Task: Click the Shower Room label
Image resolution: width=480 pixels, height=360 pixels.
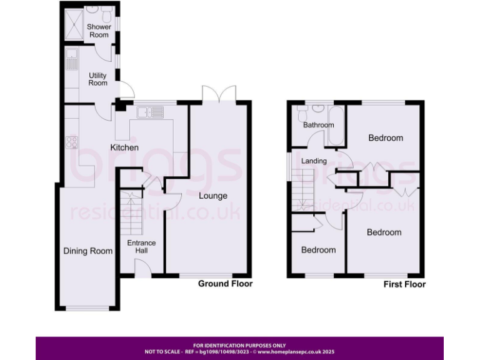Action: pyautogui.click(x=99, y=31)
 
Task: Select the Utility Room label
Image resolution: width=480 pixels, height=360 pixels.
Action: pyautogui.click(x=98, y=79)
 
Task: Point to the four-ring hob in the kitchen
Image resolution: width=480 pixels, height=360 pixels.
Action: pyautogui.click(x=71, y=142)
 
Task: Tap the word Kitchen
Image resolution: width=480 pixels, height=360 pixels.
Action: pyautogui.click(x=124, y=147)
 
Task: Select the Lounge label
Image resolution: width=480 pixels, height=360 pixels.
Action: pyautogui.click(x=213, y=196)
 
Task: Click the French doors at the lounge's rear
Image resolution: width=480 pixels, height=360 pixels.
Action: pyautogui.click(x=218, y=93)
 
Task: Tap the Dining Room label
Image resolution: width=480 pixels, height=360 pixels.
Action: pyautogui.click(x=88, y=251)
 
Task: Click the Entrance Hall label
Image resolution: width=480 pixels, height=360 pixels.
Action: pyautogui.click(x=141, y=247)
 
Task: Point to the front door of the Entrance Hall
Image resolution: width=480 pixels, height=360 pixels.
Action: pyautogui.click(x=143, y=269)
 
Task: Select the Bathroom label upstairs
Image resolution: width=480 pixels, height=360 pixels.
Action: pyautogui.click(x=319, y=125)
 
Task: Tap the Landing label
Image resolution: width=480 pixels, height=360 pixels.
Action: pyautogui.click(x=314, y=161)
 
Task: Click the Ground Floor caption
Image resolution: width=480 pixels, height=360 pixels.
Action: pyautogui.click(x=225, y=284)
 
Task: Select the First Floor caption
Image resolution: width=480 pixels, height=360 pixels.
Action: pyautogui.click(x=404, y=284)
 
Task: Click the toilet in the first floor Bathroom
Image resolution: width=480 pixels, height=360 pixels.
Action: pyautogui.click(x=302, y=114)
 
